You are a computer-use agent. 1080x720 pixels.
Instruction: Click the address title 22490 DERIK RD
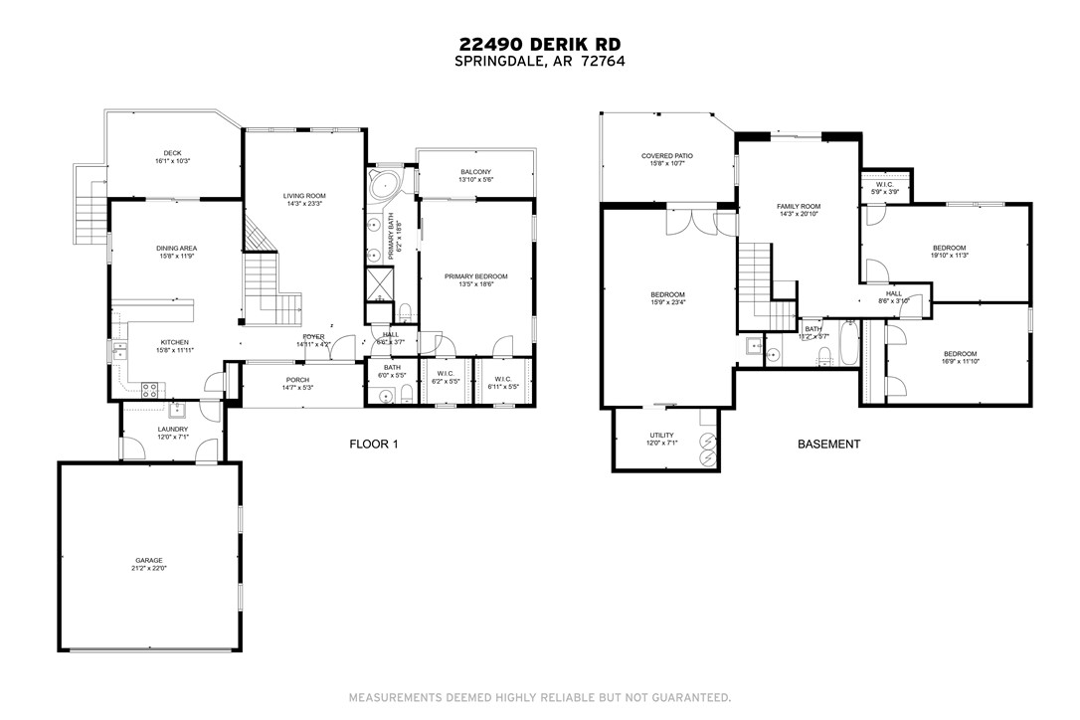pyautogui.click(x=540, y=44)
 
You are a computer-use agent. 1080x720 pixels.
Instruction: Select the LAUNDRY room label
pyautogui.click(x=172, y=430)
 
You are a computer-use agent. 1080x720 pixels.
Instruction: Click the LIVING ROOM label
pyautogui.click(x=304, y=196)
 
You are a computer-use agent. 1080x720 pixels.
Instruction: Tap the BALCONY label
pyautogui.click(x=474, y=172)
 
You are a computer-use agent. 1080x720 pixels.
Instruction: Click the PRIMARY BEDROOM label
pyautogui.click(x=476, y=276)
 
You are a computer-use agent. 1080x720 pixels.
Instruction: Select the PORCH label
pyautogui.click(x=297, y=380)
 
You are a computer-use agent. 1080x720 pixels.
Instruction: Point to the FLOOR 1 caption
pyautogui.click(x=373, y=445)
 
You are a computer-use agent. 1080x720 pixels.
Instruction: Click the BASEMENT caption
pyautogui.click(x=828, y=445)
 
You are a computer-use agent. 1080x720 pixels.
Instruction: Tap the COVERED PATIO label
pyautogui.click(x=666, y=156)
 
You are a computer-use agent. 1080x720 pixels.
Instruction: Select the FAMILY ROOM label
pyautogui.click(x=798, y=206)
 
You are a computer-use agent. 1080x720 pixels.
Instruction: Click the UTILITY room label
pyautogui.click(x=661, y=436)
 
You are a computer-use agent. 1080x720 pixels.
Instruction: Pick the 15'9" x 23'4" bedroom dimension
pyautogui.click(x=667, y=302)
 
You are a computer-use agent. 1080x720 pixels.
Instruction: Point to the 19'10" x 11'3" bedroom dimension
pyautogui.click(x=949, y=256)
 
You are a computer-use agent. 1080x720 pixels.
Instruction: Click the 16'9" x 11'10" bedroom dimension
pyautogui.click(x=960, y=362)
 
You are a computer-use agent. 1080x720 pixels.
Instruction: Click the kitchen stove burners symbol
pyautogui.click(x=151, y=390)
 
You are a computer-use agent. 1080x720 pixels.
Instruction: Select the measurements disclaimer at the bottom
pyautogui.click(x=540, y=697)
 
